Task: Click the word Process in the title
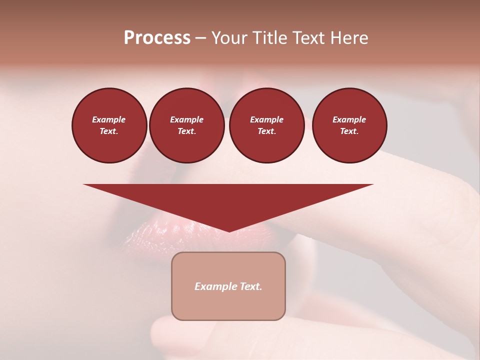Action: (157, 38)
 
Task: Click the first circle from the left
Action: (109, 125)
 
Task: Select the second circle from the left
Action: (186, 125)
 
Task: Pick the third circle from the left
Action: (266, 125)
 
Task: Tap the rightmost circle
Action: (349, 125)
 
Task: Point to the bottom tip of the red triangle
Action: (229, 231)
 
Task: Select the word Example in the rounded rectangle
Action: (215, 286)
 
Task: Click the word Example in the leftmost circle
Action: (109, 119)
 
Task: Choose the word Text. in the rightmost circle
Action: (349, 131)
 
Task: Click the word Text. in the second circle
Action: (186, 131)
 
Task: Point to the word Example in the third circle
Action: (266, 119)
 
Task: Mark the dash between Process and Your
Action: (200, 38)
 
